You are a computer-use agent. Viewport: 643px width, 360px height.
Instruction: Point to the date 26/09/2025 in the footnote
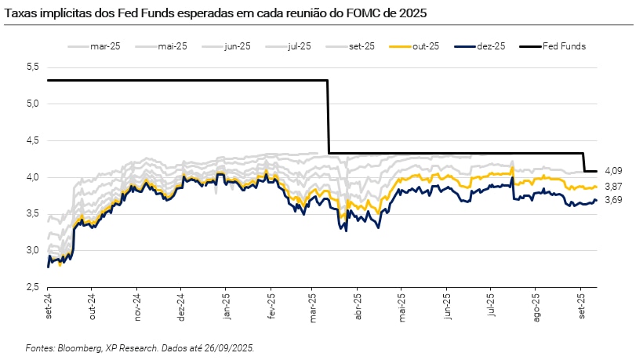click(x=227, y=347)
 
